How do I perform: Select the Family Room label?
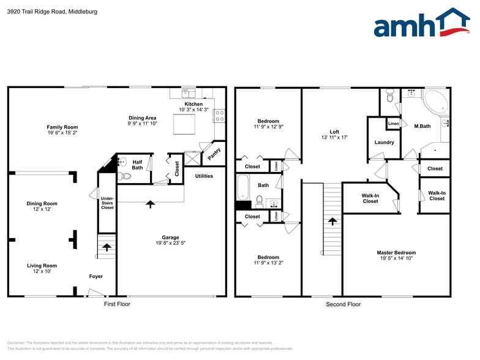[x=62, y=127]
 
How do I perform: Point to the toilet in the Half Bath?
[x=126, y=176]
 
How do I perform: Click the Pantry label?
[x=214, y=154]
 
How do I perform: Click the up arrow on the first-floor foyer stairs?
[x=107, y=247]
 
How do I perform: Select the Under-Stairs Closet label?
[x=107, y=203]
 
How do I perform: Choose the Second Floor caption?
[x=343, y=304]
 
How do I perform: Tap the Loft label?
[x=334, y=132]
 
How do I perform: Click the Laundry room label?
[x=384, y=143]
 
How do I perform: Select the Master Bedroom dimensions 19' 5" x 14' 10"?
[x=396, y=258]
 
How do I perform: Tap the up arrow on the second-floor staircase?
[x=332, y=220]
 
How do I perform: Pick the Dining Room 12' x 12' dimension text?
[x=42, y=209]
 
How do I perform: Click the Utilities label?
[x=204, y=176]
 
